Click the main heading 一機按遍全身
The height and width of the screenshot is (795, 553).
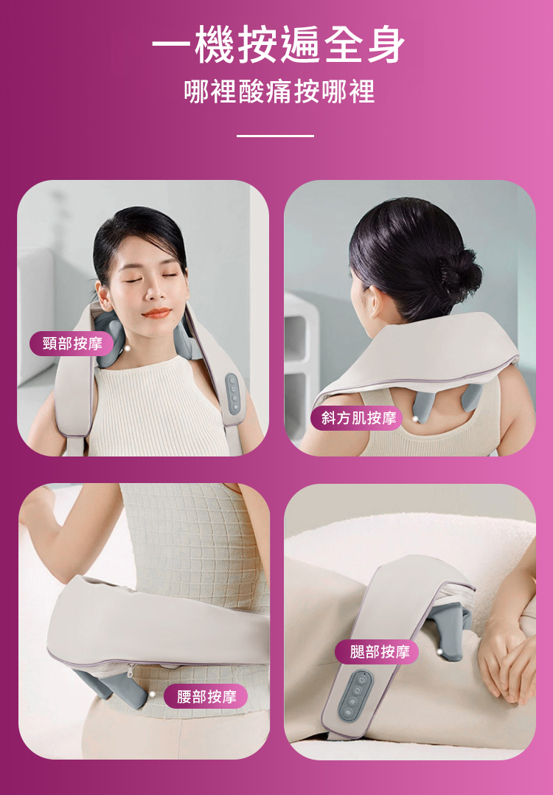pos(278,45)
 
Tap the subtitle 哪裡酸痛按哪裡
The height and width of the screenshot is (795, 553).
pos(279,91)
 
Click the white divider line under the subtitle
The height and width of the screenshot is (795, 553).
pos(275,136)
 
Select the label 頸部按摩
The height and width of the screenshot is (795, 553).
pos(73,344)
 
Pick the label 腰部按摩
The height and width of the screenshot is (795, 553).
pos(206,697)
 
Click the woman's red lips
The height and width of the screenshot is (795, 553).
pos(156,313)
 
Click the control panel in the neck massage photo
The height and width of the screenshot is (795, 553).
pos(233,394)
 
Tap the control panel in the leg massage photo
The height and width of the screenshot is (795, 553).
pos(355,695)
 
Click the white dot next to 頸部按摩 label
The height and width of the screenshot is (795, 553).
pos(128,348)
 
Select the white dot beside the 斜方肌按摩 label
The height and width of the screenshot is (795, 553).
pos(416,418)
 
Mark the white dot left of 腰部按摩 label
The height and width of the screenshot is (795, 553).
pos(152,694)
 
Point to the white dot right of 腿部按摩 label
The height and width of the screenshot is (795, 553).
pos(439,650)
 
